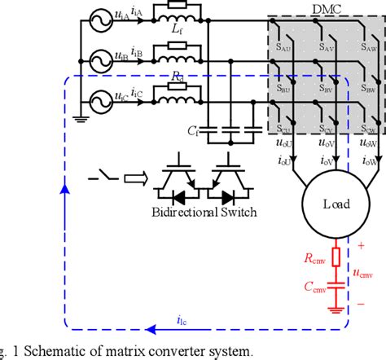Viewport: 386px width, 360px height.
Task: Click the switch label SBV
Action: (x=327, y=89)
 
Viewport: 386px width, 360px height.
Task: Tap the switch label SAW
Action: (x=369, y=50)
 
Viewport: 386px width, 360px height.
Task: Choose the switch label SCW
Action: (x=369, y=130)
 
